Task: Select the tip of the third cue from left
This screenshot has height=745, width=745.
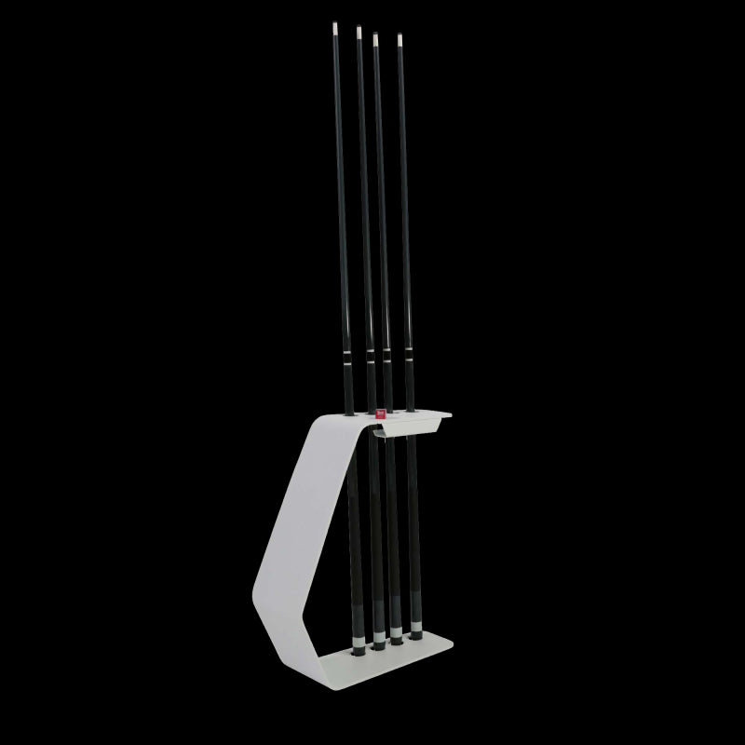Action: (x=375, y=38)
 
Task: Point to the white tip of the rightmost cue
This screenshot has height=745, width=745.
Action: (x=401, y=39)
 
